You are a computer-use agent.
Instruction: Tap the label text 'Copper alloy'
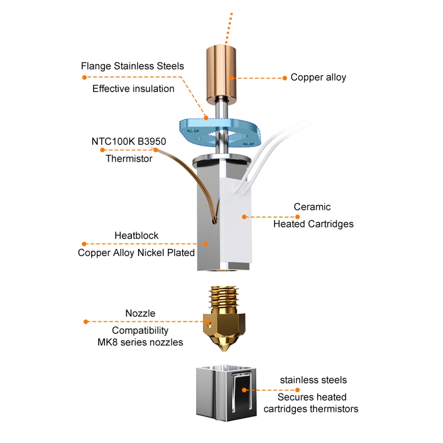click(x=318, y=78)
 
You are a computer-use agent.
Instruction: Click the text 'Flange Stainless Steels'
click(x=132, y=66)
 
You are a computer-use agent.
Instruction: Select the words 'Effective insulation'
click(x=133, y=89)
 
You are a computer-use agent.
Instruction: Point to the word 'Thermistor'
click(x=129, y=159)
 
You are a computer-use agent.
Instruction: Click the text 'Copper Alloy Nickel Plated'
click(x=136, y=253)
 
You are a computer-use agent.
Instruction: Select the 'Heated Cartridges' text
click(x=313, y=224)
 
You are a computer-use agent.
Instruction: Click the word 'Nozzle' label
click(x=140, y=313)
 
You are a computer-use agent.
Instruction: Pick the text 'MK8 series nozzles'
click(x=140, y=342)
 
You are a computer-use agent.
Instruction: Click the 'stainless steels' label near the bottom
click(x=313, y=380)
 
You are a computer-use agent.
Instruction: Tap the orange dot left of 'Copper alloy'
click(x=285, y=78)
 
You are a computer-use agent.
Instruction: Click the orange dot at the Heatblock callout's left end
click(x=84, y=244)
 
